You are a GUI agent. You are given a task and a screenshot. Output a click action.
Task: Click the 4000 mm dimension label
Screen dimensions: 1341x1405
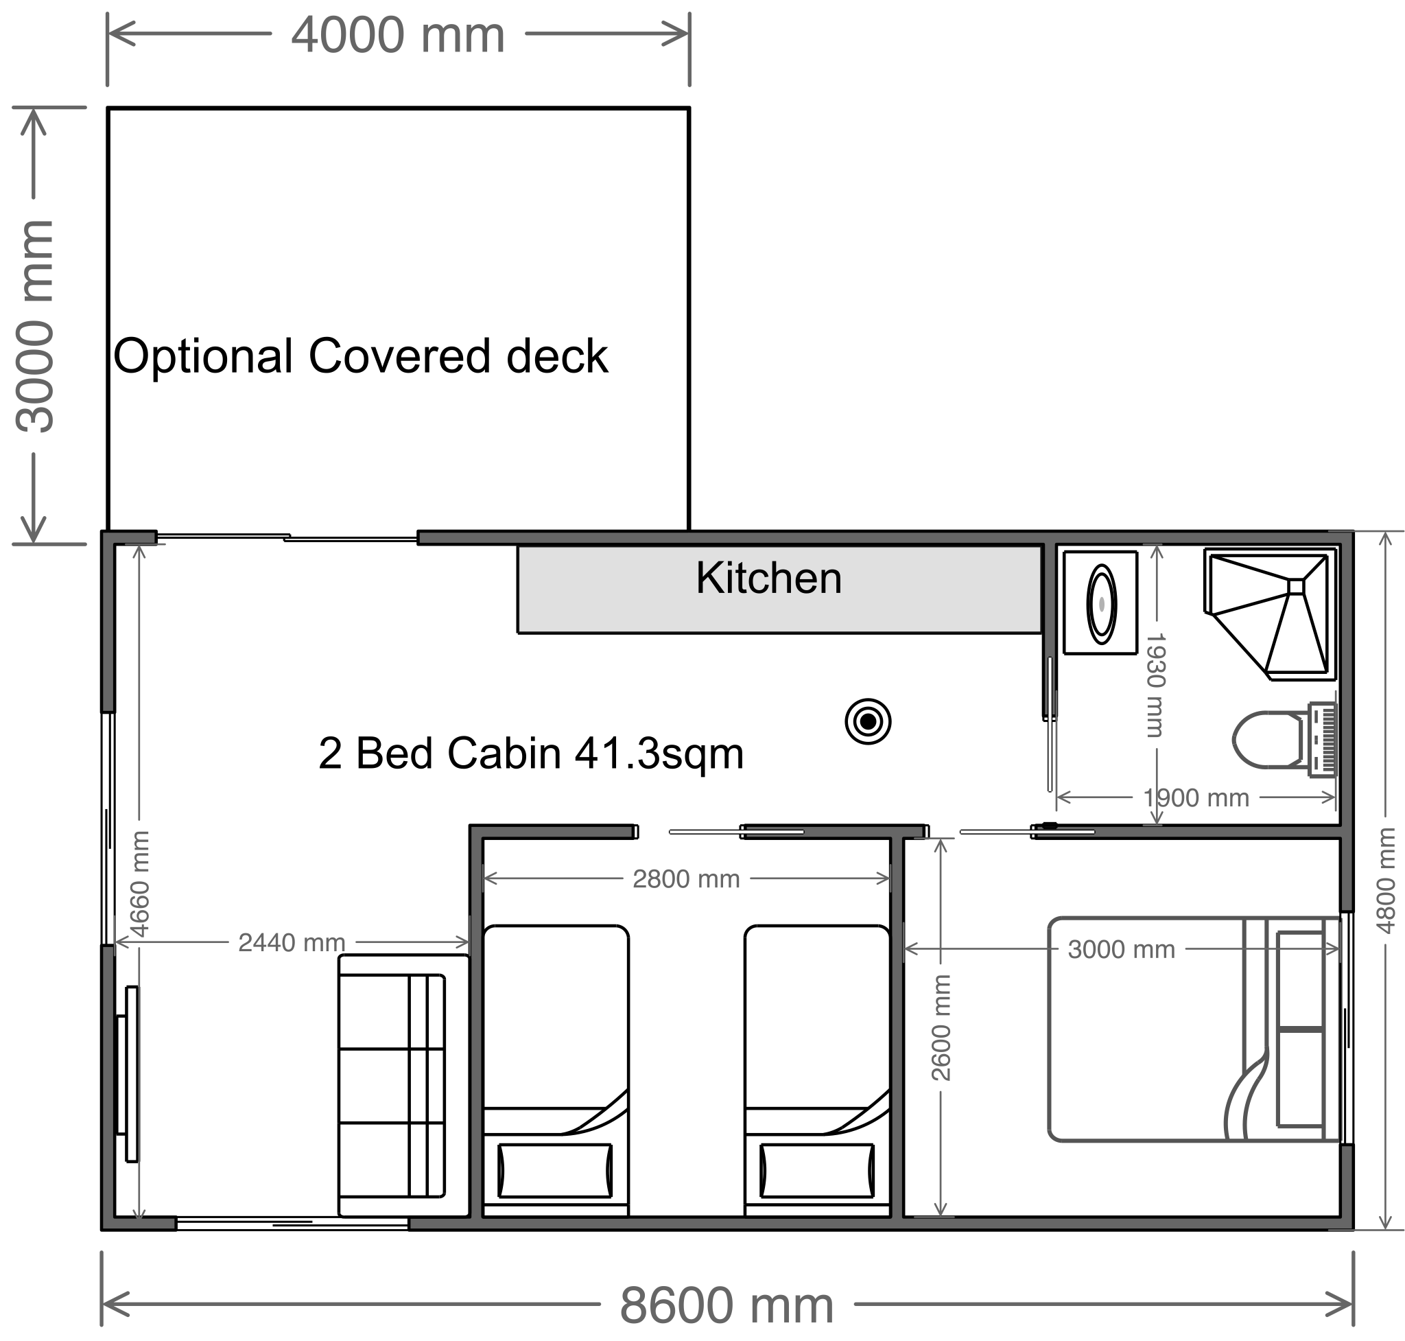[x=397, y=35]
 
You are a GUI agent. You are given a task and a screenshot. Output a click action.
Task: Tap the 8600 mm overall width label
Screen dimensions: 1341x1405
[x=726, y=1305]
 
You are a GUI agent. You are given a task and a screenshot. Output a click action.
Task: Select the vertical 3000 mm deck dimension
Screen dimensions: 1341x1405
[x=35, y=326]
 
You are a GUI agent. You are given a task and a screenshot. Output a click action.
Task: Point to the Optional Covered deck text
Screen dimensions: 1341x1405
[x=360, y=356]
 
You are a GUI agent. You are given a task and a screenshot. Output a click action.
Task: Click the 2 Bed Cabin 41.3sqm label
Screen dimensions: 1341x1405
[x=530, y=754]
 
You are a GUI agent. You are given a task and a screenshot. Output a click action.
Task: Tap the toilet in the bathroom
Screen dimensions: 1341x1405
[x=1279, y=740]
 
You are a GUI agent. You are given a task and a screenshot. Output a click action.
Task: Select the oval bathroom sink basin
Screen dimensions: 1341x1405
[x=1100, y=604]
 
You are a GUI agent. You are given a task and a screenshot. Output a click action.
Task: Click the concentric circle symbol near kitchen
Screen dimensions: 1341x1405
[x=868, y=721]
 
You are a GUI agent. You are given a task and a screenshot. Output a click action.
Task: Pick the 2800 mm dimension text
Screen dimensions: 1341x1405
[x=685, y=878]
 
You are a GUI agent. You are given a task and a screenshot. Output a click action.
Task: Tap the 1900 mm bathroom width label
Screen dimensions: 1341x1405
[x=1196, y=797]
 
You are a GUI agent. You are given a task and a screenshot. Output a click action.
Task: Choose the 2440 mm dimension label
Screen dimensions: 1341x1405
[x=291, y=943]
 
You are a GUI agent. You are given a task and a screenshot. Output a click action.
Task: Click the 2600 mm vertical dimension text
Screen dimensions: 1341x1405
[x=941, y=1027]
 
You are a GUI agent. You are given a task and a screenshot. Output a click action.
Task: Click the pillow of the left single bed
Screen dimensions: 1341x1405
[x=554, y=1170]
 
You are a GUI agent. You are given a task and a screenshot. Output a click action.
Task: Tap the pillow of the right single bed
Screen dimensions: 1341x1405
[x=817, y=1170]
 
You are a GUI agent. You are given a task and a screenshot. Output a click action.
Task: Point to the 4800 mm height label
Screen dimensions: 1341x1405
[x=1384, y=881]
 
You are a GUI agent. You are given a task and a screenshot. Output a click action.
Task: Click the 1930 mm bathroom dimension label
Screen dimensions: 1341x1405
[x=1155, y=685]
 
